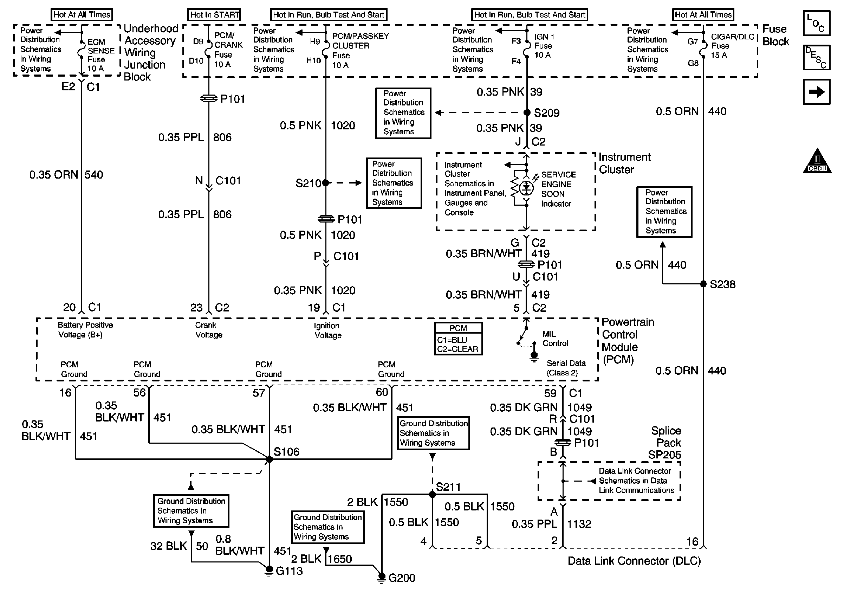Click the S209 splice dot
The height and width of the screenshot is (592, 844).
click(x=526, y=112)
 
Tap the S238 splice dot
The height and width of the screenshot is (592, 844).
click(x=703, y=284)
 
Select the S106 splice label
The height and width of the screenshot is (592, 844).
click(x=286, y=451)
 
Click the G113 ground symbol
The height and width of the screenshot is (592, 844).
click(x=269, y=571)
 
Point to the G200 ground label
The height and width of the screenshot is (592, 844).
click(x=402, y=578)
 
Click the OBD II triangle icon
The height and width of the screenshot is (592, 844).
click(x=817, y=162)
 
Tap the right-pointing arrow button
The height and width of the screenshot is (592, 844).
click(x=817, y=92)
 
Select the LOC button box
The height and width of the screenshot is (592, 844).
click(x=817, y=23)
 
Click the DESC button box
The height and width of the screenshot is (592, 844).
click(x=817, y=57)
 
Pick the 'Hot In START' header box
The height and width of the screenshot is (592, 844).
click(x=215, y=15)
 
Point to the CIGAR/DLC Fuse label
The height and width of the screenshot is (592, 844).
click(x=732, y=46)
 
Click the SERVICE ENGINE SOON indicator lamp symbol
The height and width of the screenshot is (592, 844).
click(x=526, y=188)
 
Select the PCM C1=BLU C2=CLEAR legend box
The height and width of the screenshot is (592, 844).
click(x=458, y=339)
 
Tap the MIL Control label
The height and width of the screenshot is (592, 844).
click(x=555, y=339)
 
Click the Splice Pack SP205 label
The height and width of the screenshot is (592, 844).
click(x=666, y=443)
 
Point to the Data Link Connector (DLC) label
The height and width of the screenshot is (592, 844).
click(x=634, y=561)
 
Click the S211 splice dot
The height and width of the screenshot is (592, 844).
click(x=432, y=495)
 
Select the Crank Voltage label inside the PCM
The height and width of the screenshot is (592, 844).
click(x=208, y=330)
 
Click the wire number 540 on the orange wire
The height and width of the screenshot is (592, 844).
click(x=94, y=175)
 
